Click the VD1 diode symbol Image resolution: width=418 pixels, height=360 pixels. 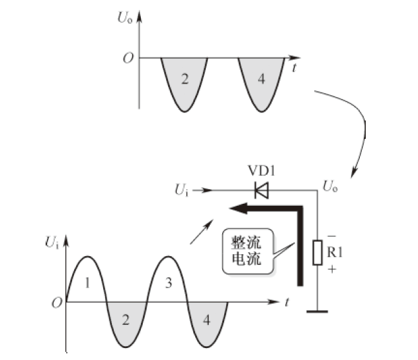pyautogui.click(x=261, y=191)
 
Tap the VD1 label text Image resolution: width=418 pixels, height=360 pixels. pyautogui.click(x=261, y=171)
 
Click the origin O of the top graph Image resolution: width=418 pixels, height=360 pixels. pyautogui.click(x=127, y=58)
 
